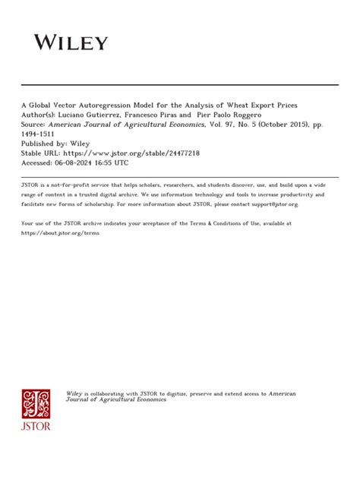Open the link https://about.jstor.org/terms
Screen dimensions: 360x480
[x=60, y=232]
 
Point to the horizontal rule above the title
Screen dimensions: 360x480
[x=180, y=84]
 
